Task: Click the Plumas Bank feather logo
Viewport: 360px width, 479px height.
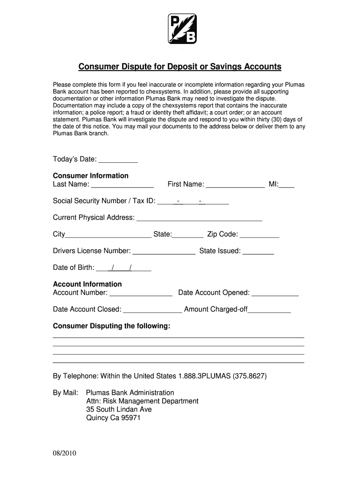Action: [x=182, y=29]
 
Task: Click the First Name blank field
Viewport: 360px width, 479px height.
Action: [x=235, y=185]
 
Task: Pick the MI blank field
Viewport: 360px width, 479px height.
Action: [x=287, y=185]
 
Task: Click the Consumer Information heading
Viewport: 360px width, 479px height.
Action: [x=91, y=176]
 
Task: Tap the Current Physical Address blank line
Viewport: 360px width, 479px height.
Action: [x=199, y=218]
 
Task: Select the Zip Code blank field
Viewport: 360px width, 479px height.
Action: [x=259, y=235]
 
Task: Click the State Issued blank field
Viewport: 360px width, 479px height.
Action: [x=259, y=252]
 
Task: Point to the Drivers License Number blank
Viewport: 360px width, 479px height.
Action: [x=164, y=252]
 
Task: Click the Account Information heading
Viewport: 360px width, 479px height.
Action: [x=87, y=284]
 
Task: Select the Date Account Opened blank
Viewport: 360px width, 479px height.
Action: [x=275, y=293]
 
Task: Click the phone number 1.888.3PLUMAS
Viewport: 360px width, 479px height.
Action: [x=204, y=376]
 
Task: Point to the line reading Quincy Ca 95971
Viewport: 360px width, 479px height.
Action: [x=113, y=418]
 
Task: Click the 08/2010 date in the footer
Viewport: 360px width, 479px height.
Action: [x=65, y=454]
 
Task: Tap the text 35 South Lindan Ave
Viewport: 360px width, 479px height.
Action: [x=119, y=410]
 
